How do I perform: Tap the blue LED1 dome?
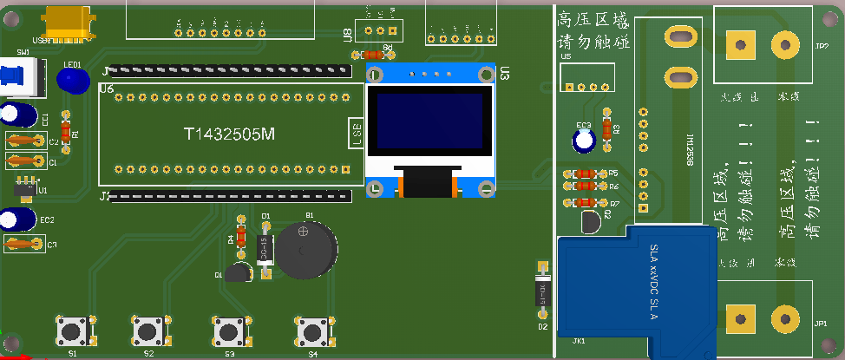(73, 80)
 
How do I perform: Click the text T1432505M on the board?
(229, 134)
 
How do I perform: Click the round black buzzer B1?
(303, 250)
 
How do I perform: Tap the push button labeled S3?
(228, 331)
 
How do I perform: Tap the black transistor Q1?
(237, 272)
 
